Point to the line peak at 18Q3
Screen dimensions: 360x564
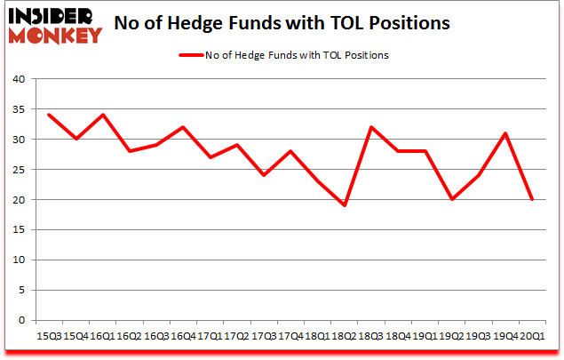tap(370, 128)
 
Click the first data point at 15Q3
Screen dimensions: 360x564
tap(48, 116)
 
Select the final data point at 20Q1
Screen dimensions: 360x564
tap(532, 200)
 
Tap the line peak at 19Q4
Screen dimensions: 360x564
tap(504, 133)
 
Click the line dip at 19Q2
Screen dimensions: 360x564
tap(451, 200)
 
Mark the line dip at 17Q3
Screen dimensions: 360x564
tap(263, 176)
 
